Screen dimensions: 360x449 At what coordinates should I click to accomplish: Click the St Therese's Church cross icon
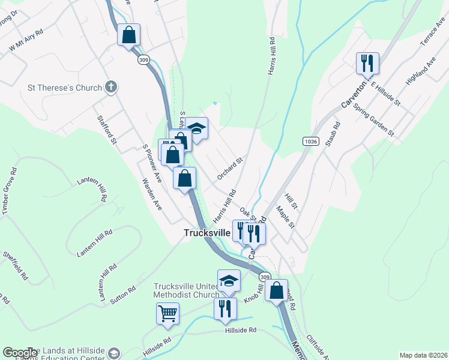coord(110,88)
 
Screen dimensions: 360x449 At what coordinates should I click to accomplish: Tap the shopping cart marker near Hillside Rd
coord(167,313)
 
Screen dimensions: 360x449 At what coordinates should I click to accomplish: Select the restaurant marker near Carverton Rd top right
coord(367,62)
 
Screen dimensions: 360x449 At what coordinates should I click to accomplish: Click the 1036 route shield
coord(310,141)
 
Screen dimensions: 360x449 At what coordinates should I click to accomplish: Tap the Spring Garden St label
coord(373,119)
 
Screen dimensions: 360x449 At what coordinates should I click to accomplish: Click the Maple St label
coord(285,217)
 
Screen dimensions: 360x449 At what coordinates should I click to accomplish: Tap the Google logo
coord(20,353)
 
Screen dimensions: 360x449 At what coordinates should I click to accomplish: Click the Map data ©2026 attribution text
coord(423,355)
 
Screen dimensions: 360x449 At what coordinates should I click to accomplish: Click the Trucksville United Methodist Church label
coord(186,290)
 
